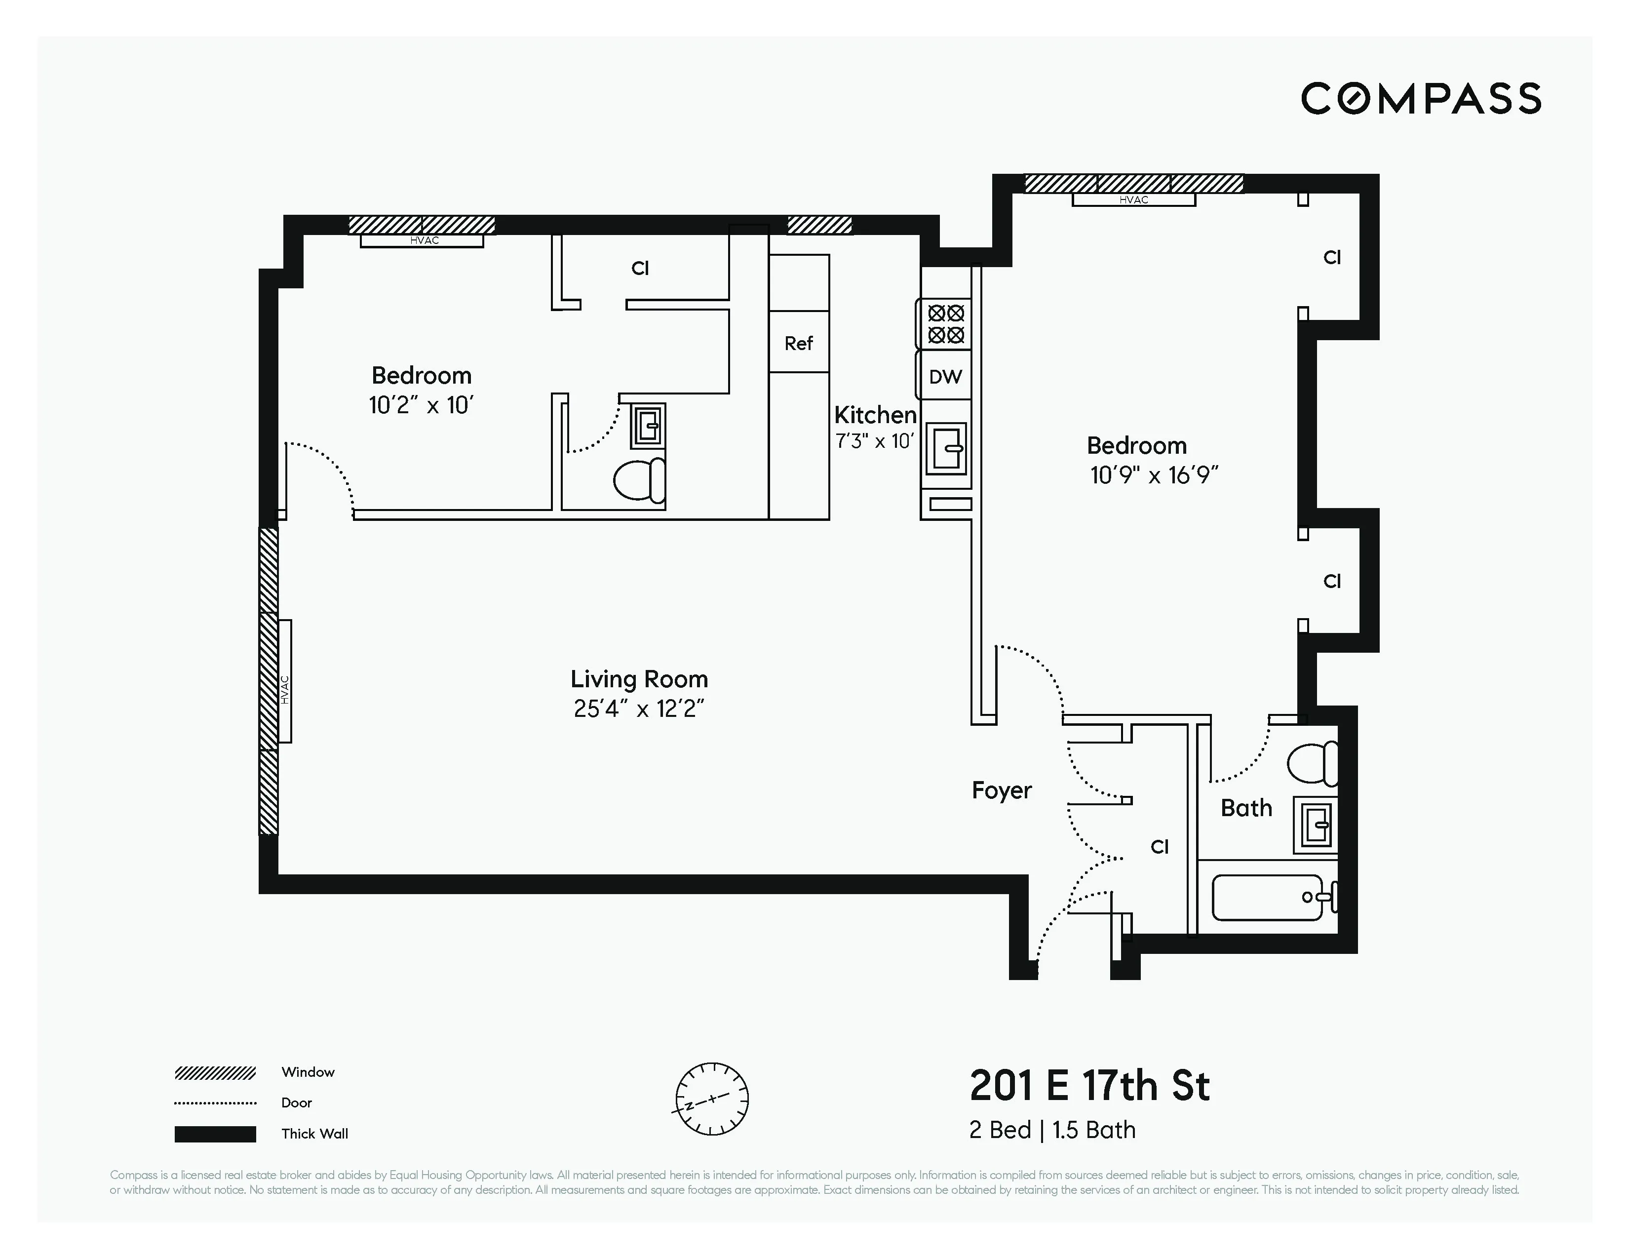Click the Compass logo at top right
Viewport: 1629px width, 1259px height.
(1420, 98)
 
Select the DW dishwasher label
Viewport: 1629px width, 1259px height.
(945, 377)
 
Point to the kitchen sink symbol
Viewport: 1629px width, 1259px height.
(946, 448)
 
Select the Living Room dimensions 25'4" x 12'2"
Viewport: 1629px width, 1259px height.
(638, 708)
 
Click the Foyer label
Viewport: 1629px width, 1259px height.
(1001, 790)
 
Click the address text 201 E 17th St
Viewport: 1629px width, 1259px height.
(1089, 1086)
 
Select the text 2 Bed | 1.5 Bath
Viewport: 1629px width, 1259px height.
(1051, 1130)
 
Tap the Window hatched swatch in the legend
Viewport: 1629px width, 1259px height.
(215, 1073)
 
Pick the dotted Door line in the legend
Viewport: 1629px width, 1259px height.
(215, 1103)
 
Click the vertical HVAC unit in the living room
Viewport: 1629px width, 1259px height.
(284, 681)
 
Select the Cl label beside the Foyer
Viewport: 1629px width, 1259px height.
(1159, 847)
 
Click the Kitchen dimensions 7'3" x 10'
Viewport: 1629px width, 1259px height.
(874, 441)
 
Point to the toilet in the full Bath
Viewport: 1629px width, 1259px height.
(1313, 762)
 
